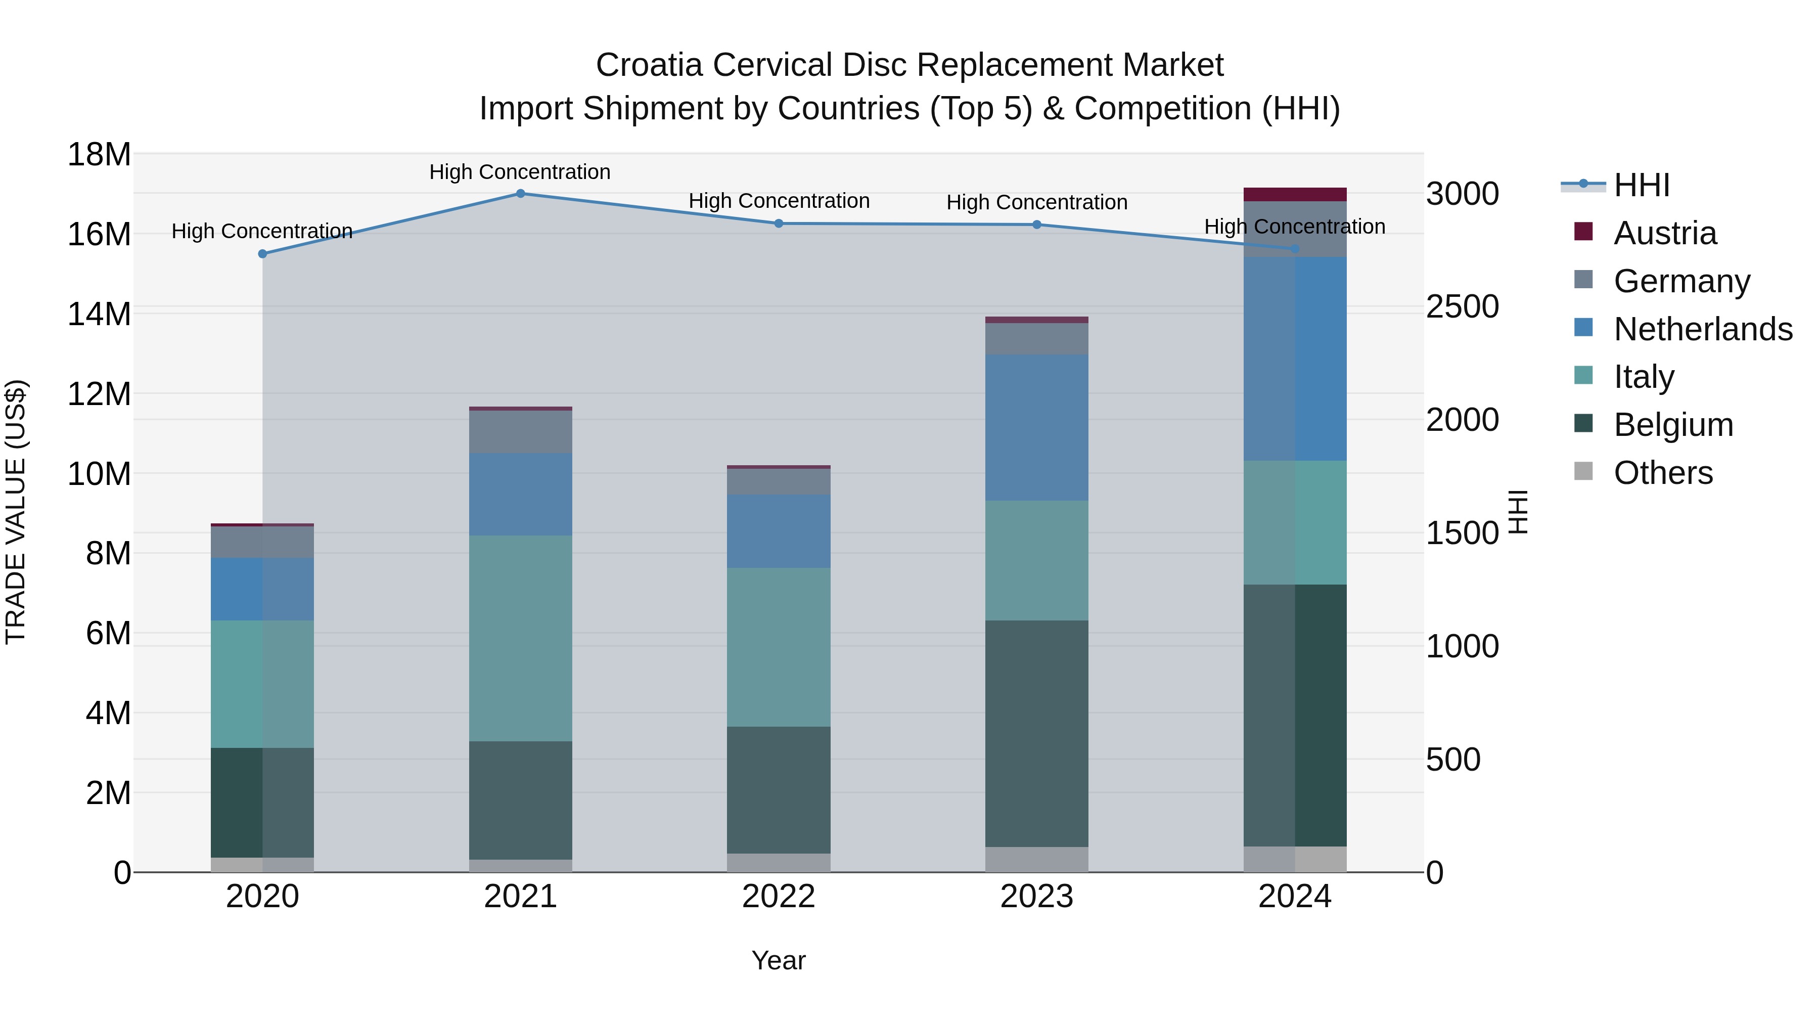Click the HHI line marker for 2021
520,193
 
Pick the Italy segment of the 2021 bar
520,638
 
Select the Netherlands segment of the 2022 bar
779,531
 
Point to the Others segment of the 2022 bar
779,862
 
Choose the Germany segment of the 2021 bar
520,432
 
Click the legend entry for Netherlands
1703,329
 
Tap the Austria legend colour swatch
1583,232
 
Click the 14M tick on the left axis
99,314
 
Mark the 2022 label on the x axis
779,897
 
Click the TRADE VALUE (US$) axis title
16,512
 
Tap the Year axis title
779,960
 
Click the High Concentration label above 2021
520,172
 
